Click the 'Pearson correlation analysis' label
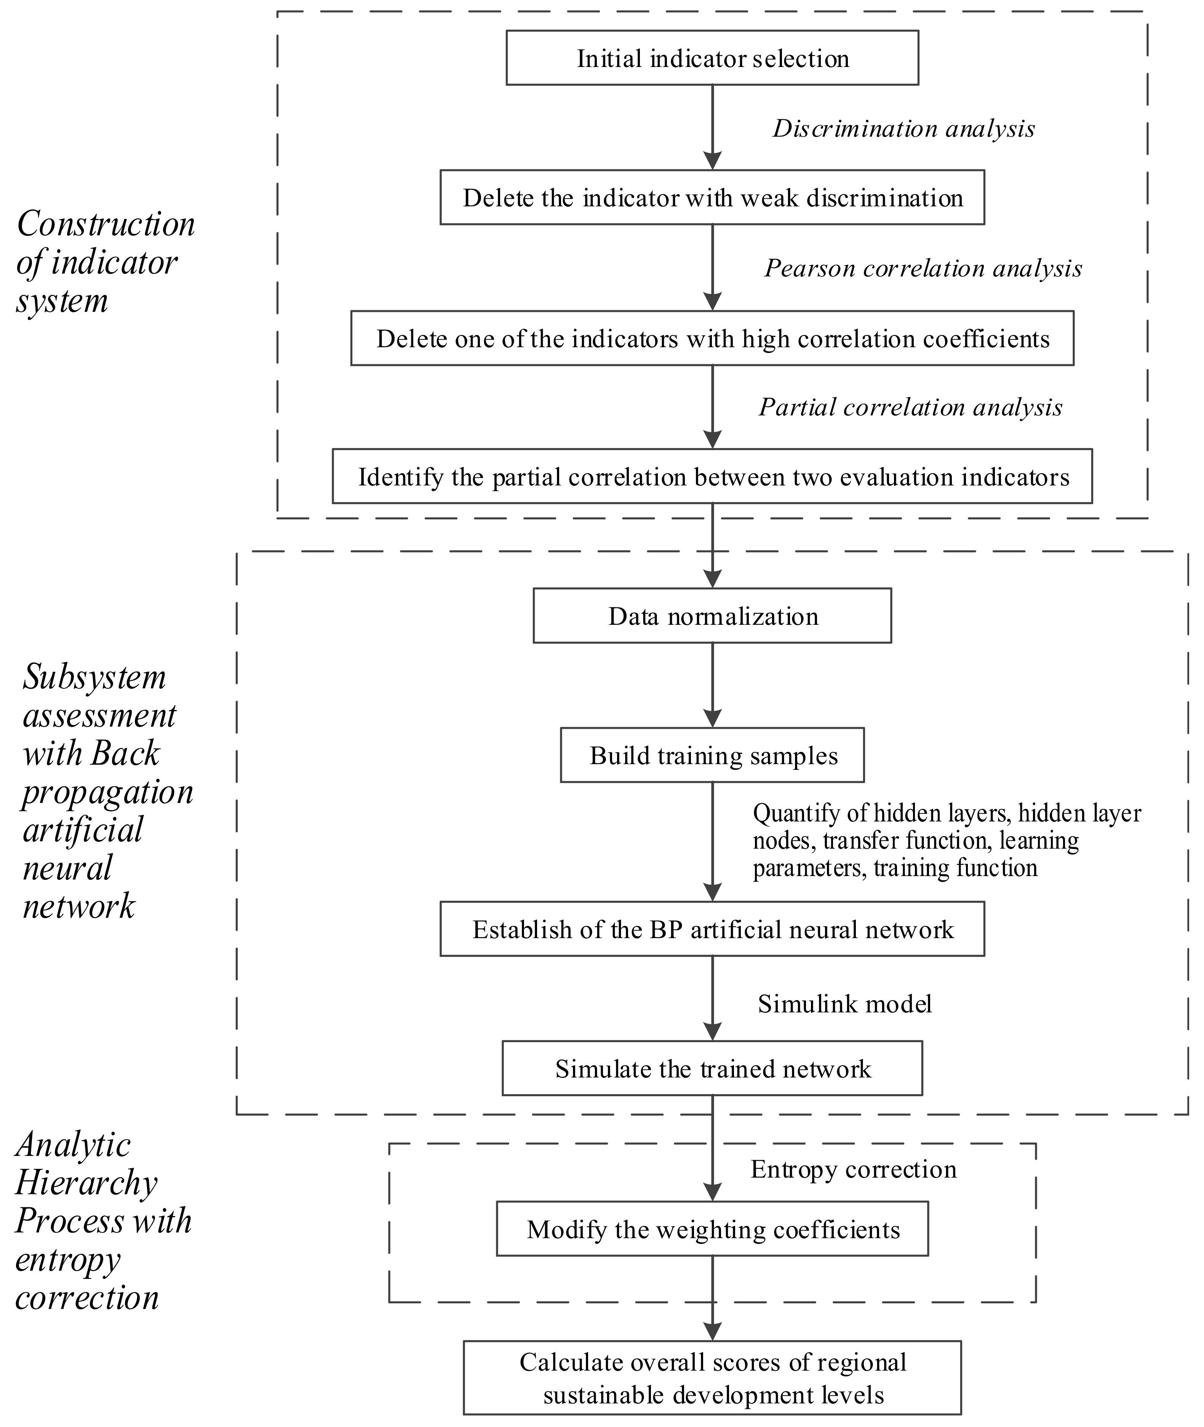pos(923,268)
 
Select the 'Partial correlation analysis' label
pos(910,407)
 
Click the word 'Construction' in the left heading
pos(106,224)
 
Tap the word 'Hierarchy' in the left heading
pos(86,1183)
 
